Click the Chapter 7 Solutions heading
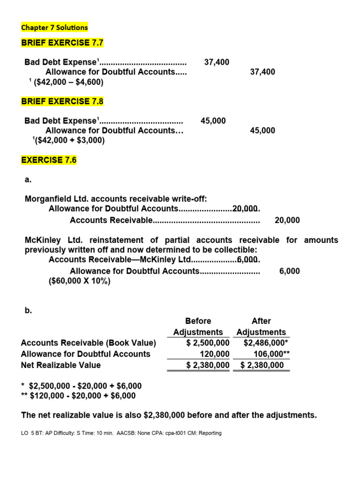tap(54, 28)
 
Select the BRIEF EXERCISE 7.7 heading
tap(62, 43)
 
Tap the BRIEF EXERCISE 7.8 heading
tap(62, 101)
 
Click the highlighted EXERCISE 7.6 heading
tap(49, 160)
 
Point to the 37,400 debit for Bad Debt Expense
tap(217, 62)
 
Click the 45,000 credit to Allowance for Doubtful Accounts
tap(262, 131)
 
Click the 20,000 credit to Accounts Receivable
tap(287, 220)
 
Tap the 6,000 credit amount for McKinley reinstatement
tap(289, 271)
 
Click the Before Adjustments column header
tap(198, 327)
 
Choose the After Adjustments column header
tap(261, 327)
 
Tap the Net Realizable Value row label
tap(61, 365)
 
